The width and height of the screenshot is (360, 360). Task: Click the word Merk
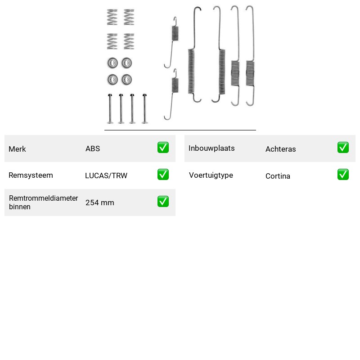pos(17,149)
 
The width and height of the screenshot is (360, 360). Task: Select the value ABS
pos(93,148)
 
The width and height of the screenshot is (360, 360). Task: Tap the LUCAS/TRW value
pos(106,175)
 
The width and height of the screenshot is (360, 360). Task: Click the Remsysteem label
pos(31,175)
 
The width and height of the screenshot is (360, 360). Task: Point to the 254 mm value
pos(99,202)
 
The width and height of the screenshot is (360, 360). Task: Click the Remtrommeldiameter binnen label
pos(43,202)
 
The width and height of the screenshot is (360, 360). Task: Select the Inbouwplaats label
pos(211,148)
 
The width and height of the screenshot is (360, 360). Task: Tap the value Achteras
pos(280,149)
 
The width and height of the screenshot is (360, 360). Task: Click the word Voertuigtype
pos(211,175)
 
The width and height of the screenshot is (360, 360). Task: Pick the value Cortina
pos(278,176)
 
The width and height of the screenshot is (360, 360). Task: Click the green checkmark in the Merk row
pos(163,148)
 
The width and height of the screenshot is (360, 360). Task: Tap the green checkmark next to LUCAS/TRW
pos(163,175)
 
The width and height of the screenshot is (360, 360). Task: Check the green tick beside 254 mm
pos(163,201)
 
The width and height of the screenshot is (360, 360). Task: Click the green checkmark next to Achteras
pos(343,148)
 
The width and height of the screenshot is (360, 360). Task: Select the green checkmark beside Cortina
pos(343,175)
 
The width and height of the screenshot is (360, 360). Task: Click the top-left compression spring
pos(112,17)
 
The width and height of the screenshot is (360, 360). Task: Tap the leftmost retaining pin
pos(110,108)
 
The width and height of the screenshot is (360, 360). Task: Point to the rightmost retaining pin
pos(144,108)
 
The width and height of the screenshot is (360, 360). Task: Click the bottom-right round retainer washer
pos(126,80)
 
